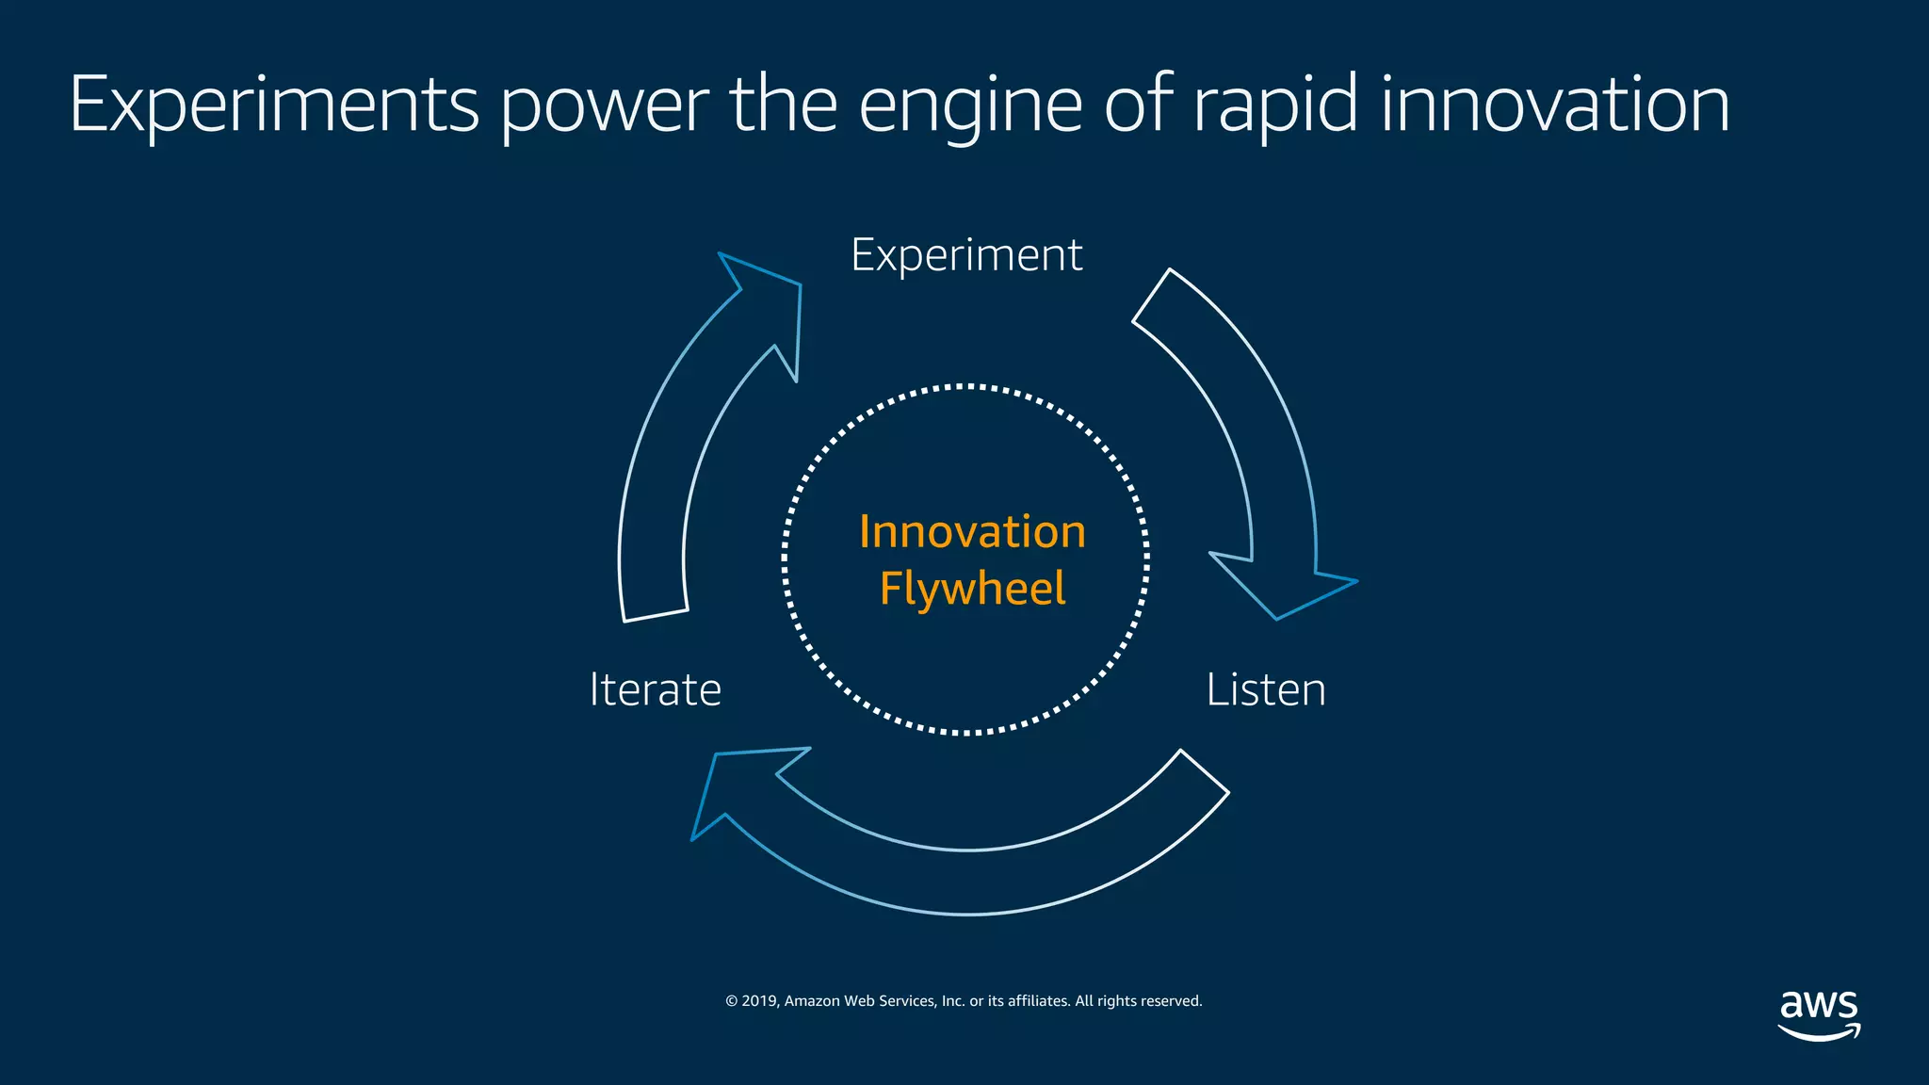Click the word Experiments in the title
point(274,105)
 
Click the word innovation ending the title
point(1554,105)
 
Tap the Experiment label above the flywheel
point(966,255)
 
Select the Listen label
point(1265,689)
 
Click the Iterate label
point(655,689)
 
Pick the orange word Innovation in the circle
point(972,532)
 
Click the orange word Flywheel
point(972,589)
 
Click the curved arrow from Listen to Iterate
point(970,882)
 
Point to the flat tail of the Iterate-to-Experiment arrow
point(656,615)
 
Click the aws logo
point(1819,1014)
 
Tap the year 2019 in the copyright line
point(758,1001)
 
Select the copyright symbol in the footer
point(731,1001)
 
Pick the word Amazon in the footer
point(811,1001)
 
